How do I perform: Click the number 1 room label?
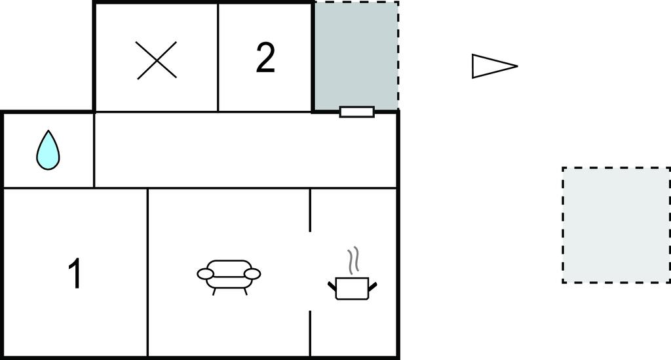click(75, 273)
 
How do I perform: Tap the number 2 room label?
click(265, 57)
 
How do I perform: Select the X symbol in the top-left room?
click(157, 60)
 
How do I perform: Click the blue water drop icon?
click(48, 150)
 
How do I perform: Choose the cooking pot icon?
click(352, 288)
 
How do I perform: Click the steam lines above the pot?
click(353, 261)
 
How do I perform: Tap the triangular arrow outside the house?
click(495, 66)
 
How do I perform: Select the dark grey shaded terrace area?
click(356, 55)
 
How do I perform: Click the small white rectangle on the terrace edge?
click(357, 112)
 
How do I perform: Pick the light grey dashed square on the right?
click(616, 225)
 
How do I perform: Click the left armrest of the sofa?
click(205, 273)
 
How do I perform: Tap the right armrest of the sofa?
click(252, 273)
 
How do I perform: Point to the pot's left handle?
click(332, 286)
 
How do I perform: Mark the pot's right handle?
click(373, 286)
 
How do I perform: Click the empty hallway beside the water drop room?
click(245, 150)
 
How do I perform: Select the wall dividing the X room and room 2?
click(218, 57)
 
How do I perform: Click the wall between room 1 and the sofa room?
click(147, 272)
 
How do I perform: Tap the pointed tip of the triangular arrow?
click(518, 66)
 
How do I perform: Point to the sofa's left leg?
click(214, 292)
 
